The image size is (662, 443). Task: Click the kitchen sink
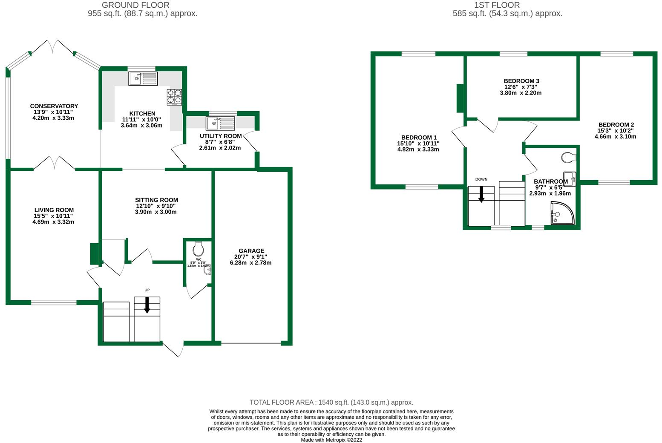click(x=143, y=78)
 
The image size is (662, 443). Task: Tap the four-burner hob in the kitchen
click(x=174, y=97)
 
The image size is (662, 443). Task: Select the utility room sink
click(x=220, y=124)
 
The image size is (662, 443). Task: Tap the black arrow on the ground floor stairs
click(x=147, y=305)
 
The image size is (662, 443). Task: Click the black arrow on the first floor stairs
click(x=481, y=194)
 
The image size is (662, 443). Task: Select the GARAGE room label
click(x=251, y=251)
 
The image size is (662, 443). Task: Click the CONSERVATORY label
click(x=54, y=106)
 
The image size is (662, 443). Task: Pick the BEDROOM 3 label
click(x=521, y=81)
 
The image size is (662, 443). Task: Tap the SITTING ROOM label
click(x=156, y=200)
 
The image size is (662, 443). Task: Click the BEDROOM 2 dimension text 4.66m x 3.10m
click(x=616, y=137)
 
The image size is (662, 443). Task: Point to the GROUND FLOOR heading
click(x=135, y=5)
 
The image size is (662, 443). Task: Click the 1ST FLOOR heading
click(x=497, y=5)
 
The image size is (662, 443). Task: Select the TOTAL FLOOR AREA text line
click(x=331, y=402)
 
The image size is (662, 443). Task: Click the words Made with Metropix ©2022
click(x=331, y=440)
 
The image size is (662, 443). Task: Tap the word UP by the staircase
click(x=147, y=290)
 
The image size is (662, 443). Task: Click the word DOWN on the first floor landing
click(x=481, y=179)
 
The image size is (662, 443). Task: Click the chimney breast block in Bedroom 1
click(x=461, y=98)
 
